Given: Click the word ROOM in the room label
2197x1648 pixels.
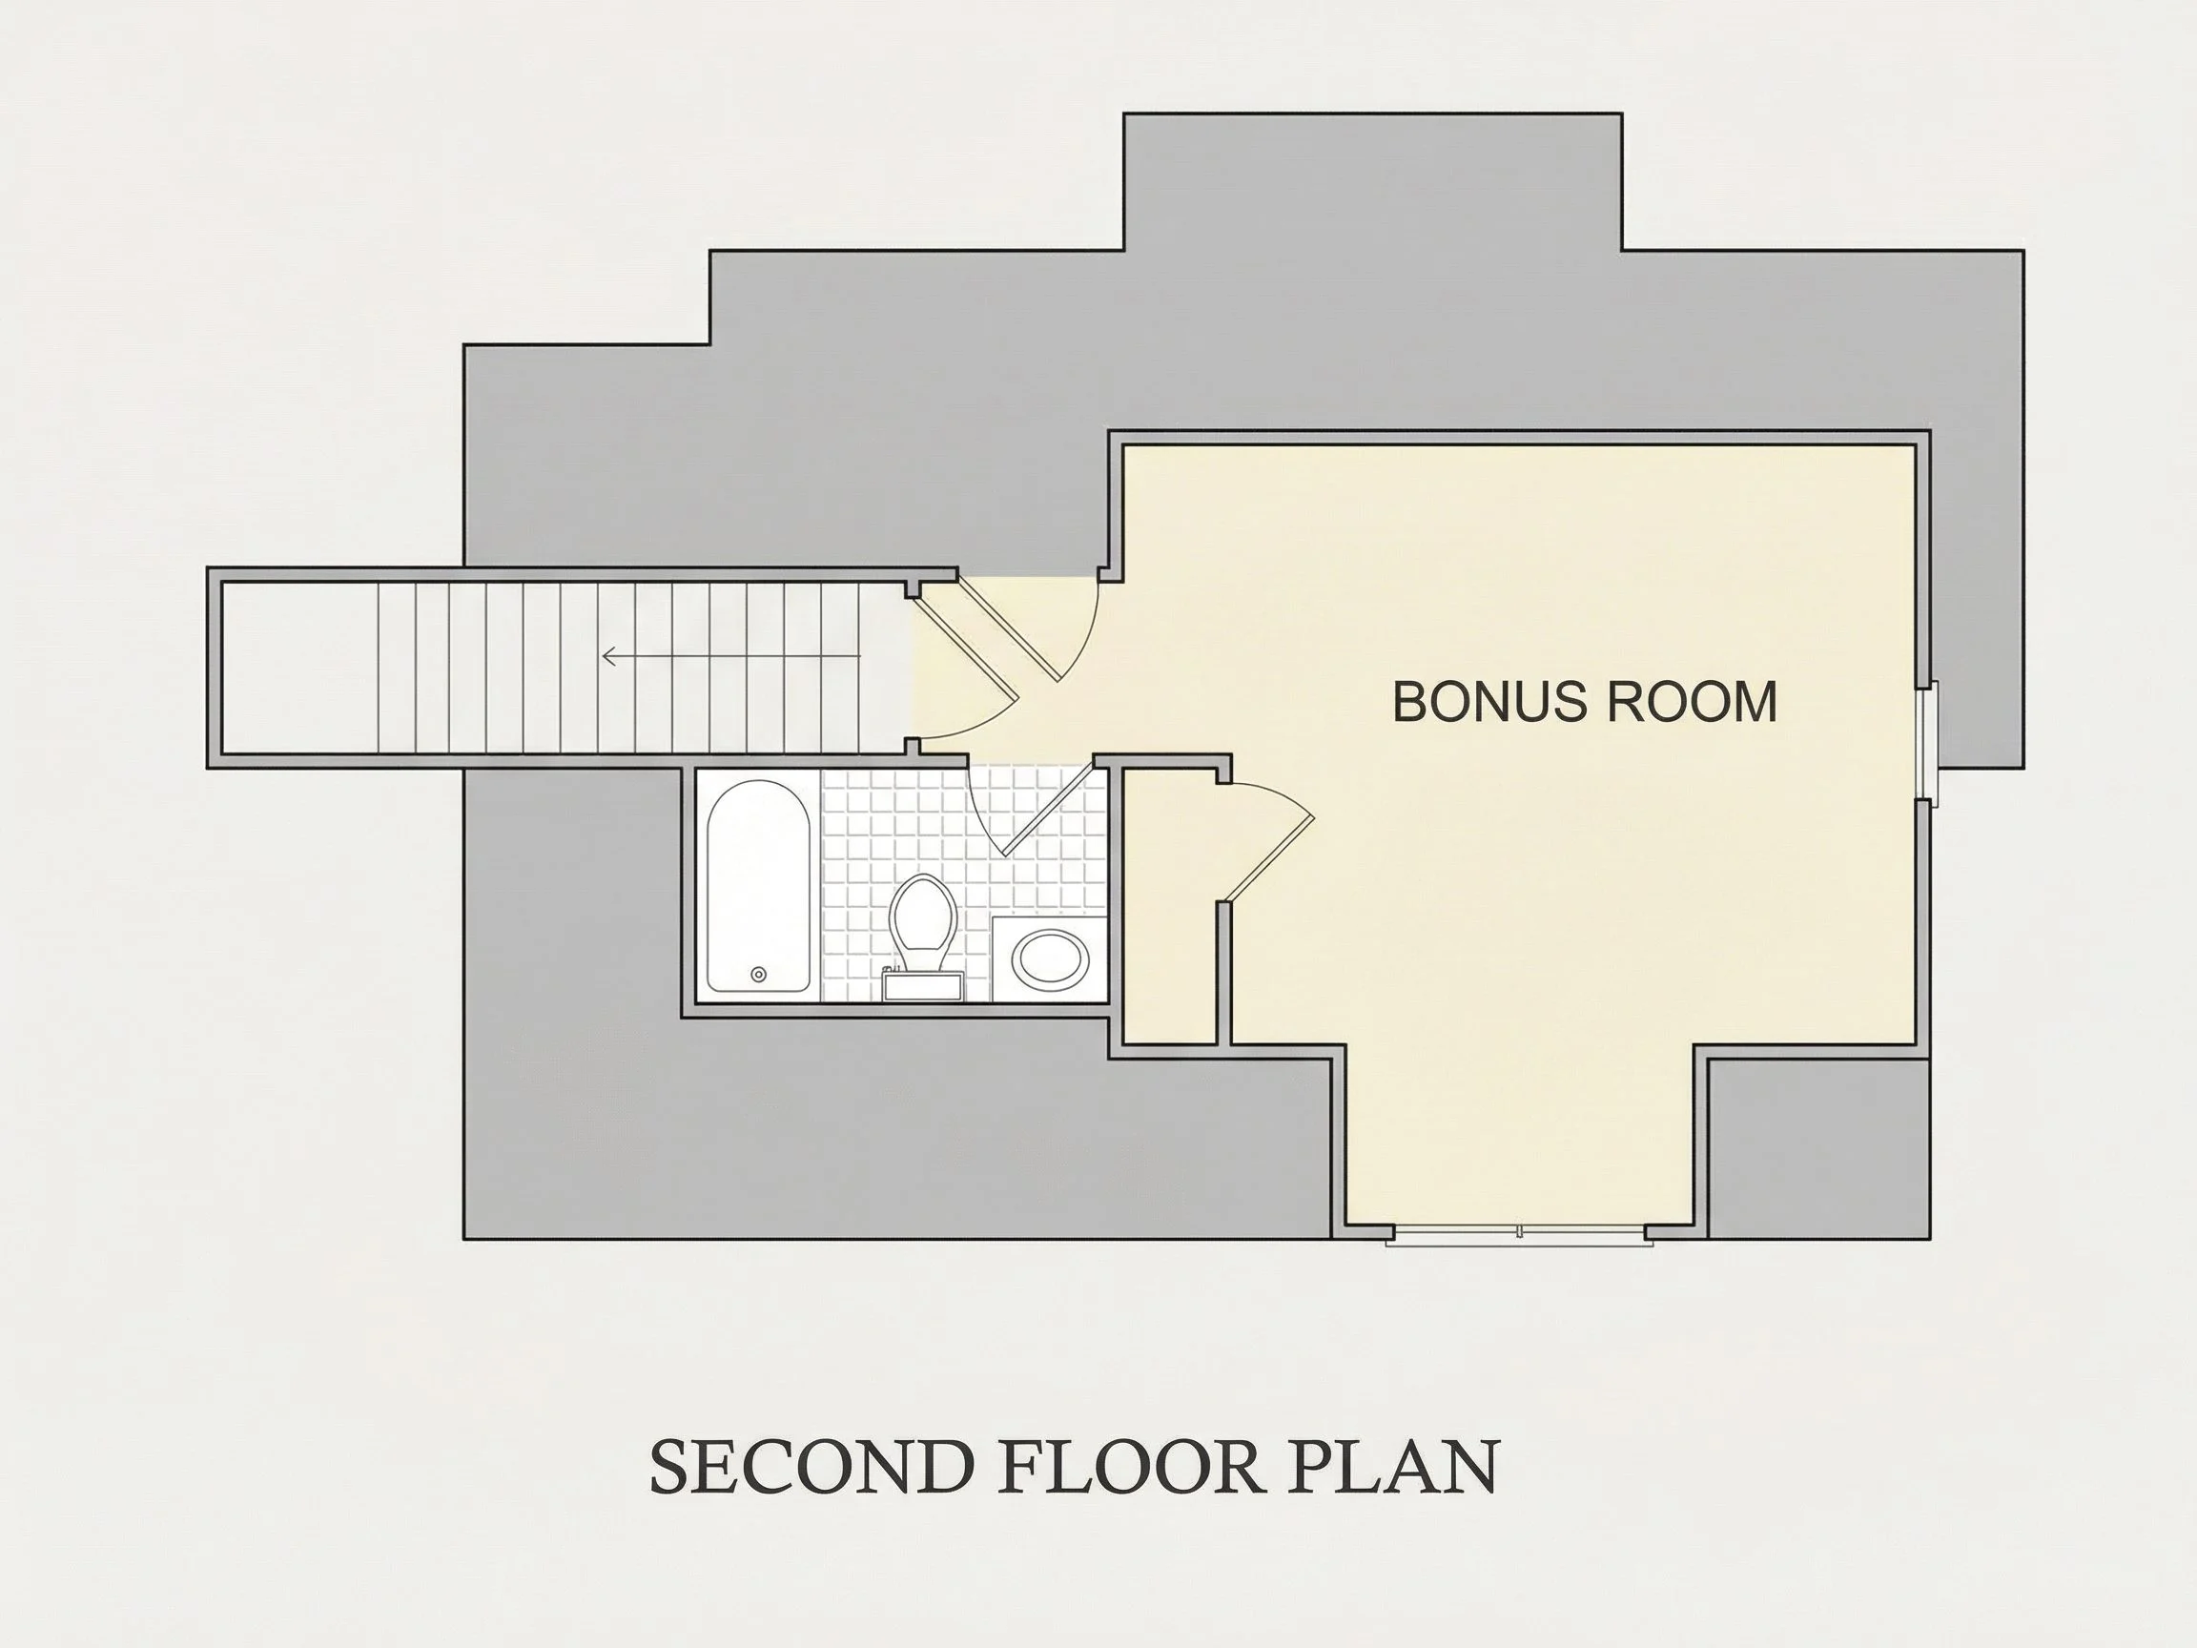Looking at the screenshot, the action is click(x=1692, y=702).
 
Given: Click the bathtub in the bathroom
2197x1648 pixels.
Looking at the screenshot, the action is click(x=758, y=886).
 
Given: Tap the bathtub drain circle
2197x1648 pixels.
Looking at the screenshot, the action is click(x=759, y=975).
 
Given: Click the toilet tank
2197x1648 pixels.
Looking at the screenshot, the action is click(x=923, y=985).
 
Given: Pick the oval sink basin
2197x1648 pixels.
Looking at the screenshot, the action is click(x=1050, y=958).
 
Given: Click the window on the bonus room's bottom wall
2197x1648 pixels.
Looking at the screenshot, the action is click(x=1519, y=1234).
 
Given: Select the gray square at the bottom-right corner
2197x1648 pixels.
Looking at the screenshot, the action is click(x=1818, y=1149).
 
